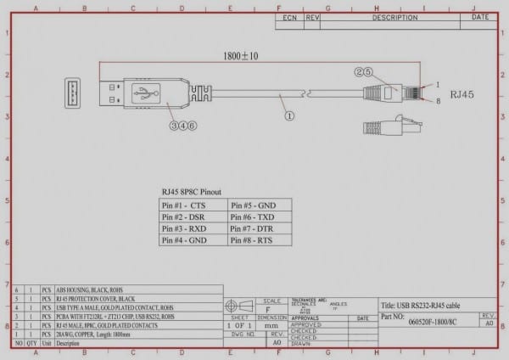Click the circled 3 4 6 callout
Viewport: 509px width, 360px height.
coord(182,125)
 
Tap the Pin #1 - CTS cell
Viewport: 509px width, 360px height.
coord(193,205)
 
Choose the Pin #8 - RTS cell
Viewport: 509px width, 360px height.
coord(260,240)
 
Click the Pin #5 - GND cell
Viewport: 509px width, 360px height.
coord(260,205)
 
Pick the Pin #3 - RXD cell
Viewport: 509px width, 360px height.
coord(193,228)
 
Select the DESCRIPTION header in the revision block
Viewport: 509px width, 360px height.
coord(394,16)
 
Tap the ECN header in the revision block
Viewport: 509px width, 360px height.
coord(289,16)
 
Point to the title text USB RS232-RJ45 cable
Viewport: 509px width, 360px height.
coord(422,305)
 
